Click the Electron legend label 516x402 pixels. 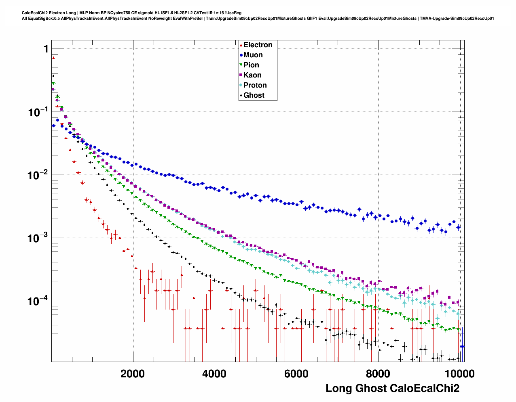258,45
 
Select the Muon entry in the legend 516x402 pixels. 253,55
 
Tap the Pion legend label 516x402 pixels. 251,65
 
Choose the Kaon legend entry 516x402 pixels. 252,75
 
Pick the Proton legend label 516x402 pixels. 255,85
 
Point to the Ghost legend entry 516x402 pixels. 254,95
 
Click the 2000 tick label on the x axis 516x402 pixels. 133,374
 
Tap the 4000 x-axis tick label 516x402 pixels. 214,374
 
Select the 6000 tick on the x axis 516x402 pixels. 296,374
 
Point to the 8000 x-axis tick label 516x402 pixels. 378,374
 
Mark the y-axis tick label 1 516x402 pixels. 46,49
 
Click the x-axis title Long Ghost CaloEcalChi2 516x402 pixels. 392,388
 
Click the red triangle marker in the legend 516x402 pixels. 241,45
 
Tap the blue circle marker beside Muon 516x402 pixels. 241,55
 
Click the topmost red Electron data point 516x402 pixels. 53,58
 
